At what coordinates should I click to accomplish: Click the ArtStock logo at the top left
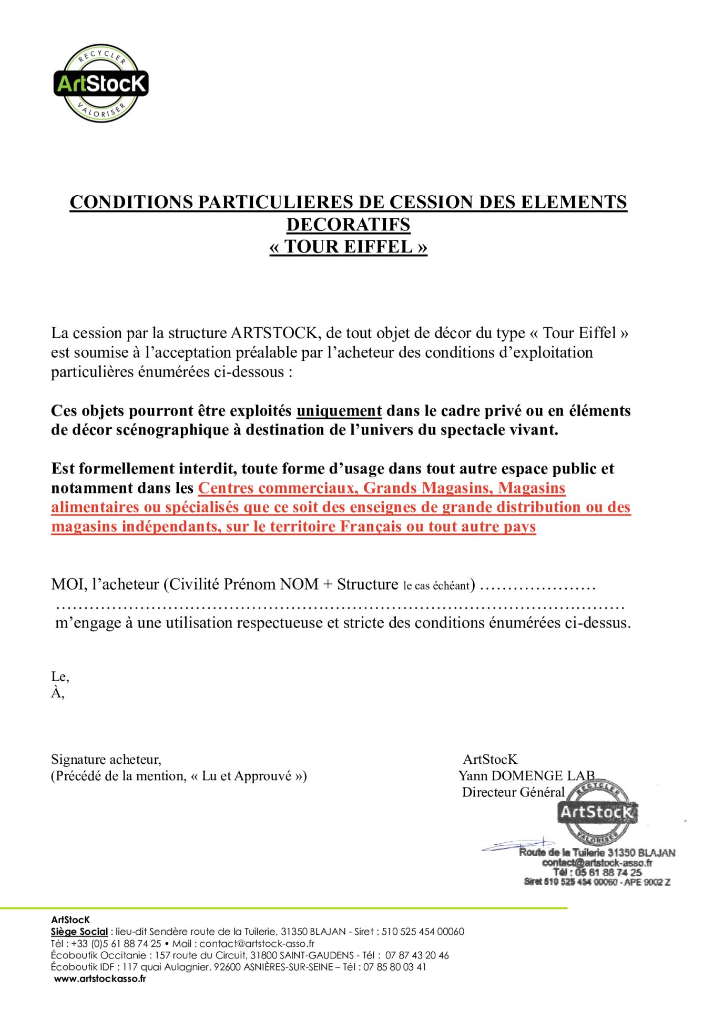(101, 83)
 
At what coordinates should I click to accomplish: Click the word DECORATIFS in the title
(348, 225)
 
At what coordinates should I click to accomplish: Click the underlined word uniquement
(339, 411)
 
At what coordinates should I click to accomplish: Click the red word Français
(371, 527)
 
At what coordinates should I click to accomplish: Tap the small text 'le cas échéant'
(436, 586)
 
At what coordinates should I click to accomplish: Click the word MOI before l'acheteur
(68, 584)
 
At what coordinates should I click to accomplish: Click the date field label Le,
(60, 676)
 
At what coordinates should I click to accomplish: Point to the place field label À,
(57, 693)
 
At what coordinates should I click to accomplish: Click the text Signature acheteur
(106, 759)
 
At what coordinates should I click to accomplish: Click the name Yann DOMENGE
(510, 776)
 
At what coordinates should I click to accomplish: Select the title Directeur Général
(513, 792)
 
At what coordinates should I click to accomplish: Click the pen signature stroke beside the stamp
(518, 844)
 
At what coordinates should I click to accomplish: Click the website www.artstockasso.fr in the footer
(100, 978)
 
